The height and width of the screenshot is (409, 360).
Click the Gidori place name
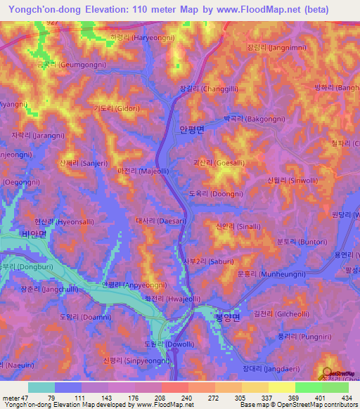coord(112,109)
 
